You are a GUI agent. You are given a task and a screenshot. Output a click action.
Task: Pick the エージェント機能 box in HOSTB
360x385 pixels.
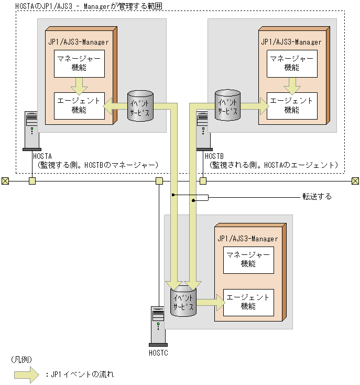[292, 105]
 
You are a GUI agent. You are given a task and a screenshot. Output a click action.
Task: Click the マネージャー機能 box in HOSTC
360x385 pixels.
[248, 259]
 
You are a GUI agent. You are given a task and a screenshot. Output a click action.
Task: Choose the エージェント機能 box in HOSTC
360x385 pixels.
[248, 302]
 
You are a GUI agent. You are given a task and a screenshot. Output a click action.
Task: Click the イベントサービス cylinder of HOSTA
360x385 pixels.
[140, 106]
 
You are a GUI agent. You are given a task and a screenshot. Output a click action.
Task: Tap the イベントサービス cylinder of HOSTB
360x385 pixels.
[227, 106]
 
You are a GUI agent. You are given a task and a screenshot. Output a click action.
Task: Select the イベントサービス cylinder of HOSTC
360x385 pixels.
[183, 301]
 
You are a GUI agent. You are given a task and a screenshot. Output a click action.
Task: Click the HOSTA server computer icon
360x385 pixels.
[31, 131]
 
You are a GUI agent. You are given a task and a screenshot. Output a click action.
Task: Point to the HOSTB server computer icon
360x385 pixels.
[203, 131]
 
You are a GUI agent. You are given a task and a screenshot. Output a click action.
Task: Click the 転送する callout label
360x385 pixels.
[317, 197]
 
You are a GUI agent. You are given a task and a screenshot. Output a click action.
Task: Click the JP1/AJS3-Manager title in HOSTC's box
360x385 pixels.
[247, 239]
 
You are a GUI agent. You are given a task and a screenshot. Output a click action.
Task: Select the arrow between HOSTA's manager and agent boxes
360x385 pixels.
[80, 84]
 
